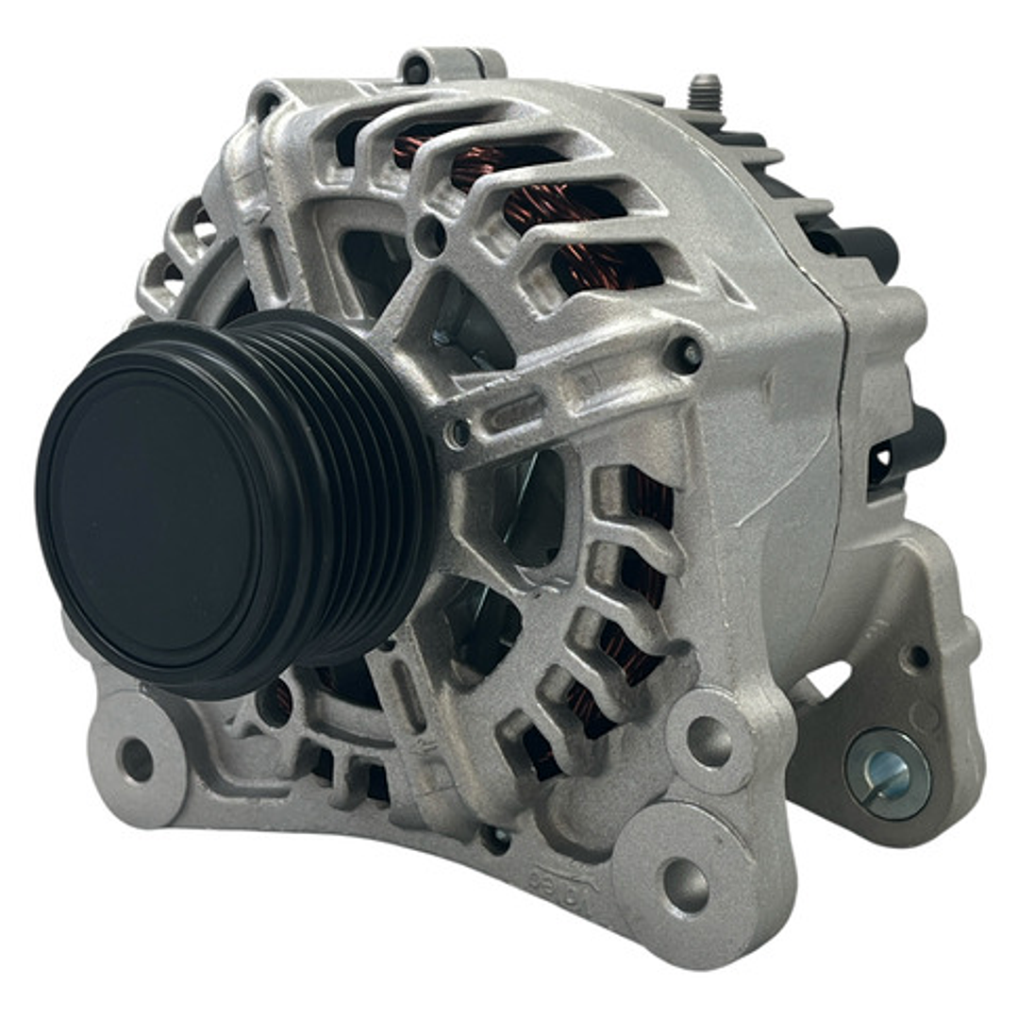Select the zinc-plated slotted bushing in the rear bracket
pyautogui.click(x=887, y=774)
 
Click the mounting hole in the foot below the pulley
pyautogui.click(x=136, y=759)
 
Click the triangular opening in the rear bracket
pyautogui.click(x=830, y=679)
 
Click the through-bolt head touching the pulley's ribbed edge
pyautogui.click(x=459, y=433)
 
